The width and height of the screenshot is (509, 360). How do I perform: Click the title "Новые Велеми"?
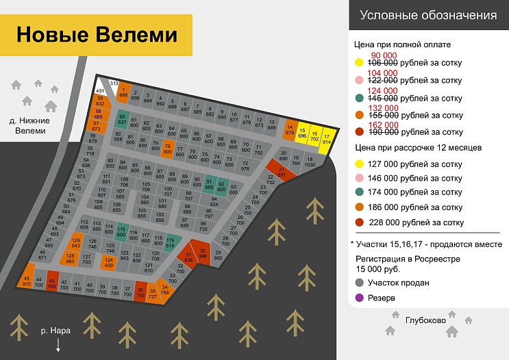pos(97,34)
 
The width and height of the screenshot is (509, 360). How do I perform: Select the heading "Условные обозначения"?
pos(428,15)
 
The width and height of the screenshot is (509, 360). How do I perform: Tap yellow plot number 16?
pos(314,136)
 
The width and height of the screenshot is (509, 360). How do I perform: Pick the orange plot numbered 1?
pos(123,92)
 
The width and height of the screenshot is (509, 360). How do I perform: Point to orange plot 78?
pos(168,147)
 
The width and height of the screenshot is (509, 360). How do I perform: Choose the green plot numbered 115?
pos(121,231)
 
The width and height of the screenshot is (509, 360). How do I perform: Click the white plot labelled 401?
pos(100,90)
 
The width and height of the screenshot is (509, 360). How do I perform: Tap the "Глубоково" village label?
pos(425,320)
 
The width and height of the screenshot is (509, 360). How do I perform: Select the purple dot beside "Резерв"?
pos(359,298)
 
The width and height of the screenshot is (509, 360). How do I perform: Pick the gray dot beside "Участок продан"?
pos(359,282)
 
